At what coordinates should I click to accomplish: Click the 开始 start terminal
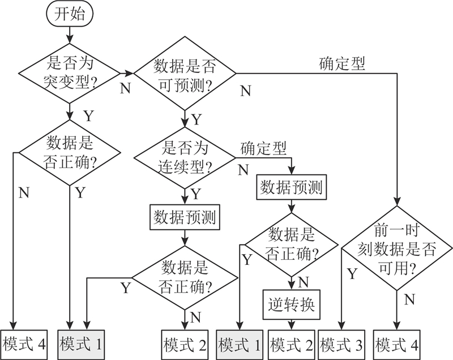tap(70, 15)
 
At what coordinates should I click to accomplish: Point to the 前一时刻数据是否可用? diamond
tap(397, 250)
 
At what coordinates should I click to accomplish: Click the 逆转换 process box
tap(291, 305)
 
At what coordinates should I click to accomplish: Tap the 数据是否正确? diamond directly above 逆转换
tap(291, 243)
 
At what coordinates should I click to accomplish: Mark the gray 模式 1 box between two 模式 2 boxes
tap(240, 343)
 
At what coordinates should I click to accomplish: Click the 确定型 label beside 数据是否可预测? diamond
tap(342, 63)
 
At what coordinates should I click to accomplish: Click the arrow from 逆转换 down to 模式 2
tap(291, 324)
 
